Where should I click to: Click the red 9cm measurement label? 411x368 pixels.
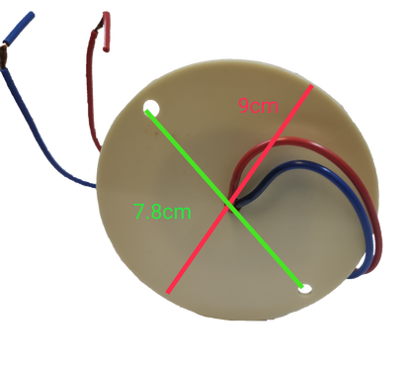click(x=258, y=105)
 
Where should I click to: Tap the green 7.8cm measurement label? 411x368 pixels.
click(x=162, y=210)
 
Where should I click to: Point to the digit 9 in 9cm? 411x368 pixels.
click(x=243, y=105)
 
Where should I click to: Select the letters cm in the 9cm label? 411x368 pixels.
click(x=266, y=106)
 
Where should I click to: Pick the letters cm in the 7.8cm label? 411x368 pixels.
click(x=178, y=211)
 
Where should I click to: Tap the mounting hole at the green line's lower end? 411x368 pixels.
click(x=306, y=289)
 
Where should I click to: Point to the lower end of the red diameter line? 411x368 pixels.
click(x=170, y=292)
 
